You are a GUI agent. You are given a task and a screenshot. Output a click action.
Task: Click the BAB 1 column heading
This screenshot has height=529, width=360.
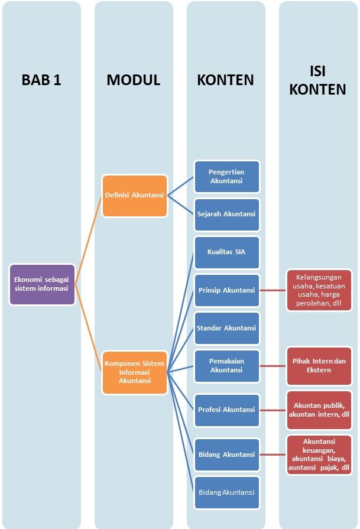coord(41,80)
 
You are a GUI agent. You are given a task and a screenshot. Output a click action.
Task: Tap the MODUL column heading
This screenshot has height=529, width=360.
coord(134,80)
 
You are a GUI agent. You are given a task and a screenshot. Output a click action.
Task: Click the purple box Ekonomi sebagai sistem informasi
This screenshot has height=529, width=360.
coord(42,284)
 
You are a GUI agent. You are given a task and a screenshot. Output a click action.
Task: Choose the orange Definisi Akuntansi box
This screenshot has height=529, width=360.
coord(134,194)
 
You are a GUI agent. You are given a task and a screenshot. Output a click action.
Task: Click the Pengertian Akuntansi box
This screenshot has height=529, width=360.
coord(226,176)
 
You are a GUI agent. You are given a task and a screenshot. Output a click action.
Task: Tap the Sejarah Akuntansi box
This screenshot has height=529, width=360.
coord(226,213)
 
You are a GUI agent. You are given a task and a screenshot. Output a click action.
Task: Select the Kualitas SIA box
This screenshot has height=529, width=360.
coord(226,252)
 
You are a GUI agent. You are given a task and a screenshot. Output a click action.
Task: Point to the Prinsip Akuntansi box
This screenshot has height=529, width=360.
coord(226,290)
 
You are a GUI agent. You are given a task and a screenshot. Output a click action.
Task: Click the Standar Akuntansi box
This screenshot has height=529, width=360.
coord(226,328)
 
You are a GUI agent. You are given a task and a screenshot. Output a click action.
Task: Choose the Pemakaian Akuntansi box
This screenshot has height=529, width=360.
coord(226,365)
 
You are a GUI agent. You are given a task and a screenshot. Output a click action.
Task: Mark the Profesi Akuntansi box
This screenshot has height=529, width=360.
coord(226,410)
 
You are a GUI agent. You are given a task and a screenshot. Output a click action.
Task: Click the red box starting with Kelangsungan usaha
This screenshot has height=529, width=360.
coord(319,290)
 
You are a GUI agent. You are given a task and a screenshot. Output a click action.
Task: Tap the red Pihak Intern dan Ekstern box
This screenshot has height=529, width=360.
coord(319,365)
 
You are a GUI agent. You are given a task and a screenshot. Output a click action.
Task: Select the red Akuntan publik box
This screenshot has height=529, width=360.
coord(319,410)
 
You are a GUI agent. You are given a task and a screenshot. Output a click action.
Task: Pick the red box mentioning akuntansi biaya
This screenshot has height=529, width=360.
coord(319,454)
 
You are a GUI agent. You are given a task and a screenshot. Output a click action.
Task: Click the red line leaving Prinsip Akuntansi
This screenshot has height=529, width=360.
coord(273,290)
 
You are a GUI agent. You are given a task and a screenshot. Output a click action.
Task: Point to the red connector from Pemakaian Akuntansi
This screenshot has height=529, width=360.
coord(273,365)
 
